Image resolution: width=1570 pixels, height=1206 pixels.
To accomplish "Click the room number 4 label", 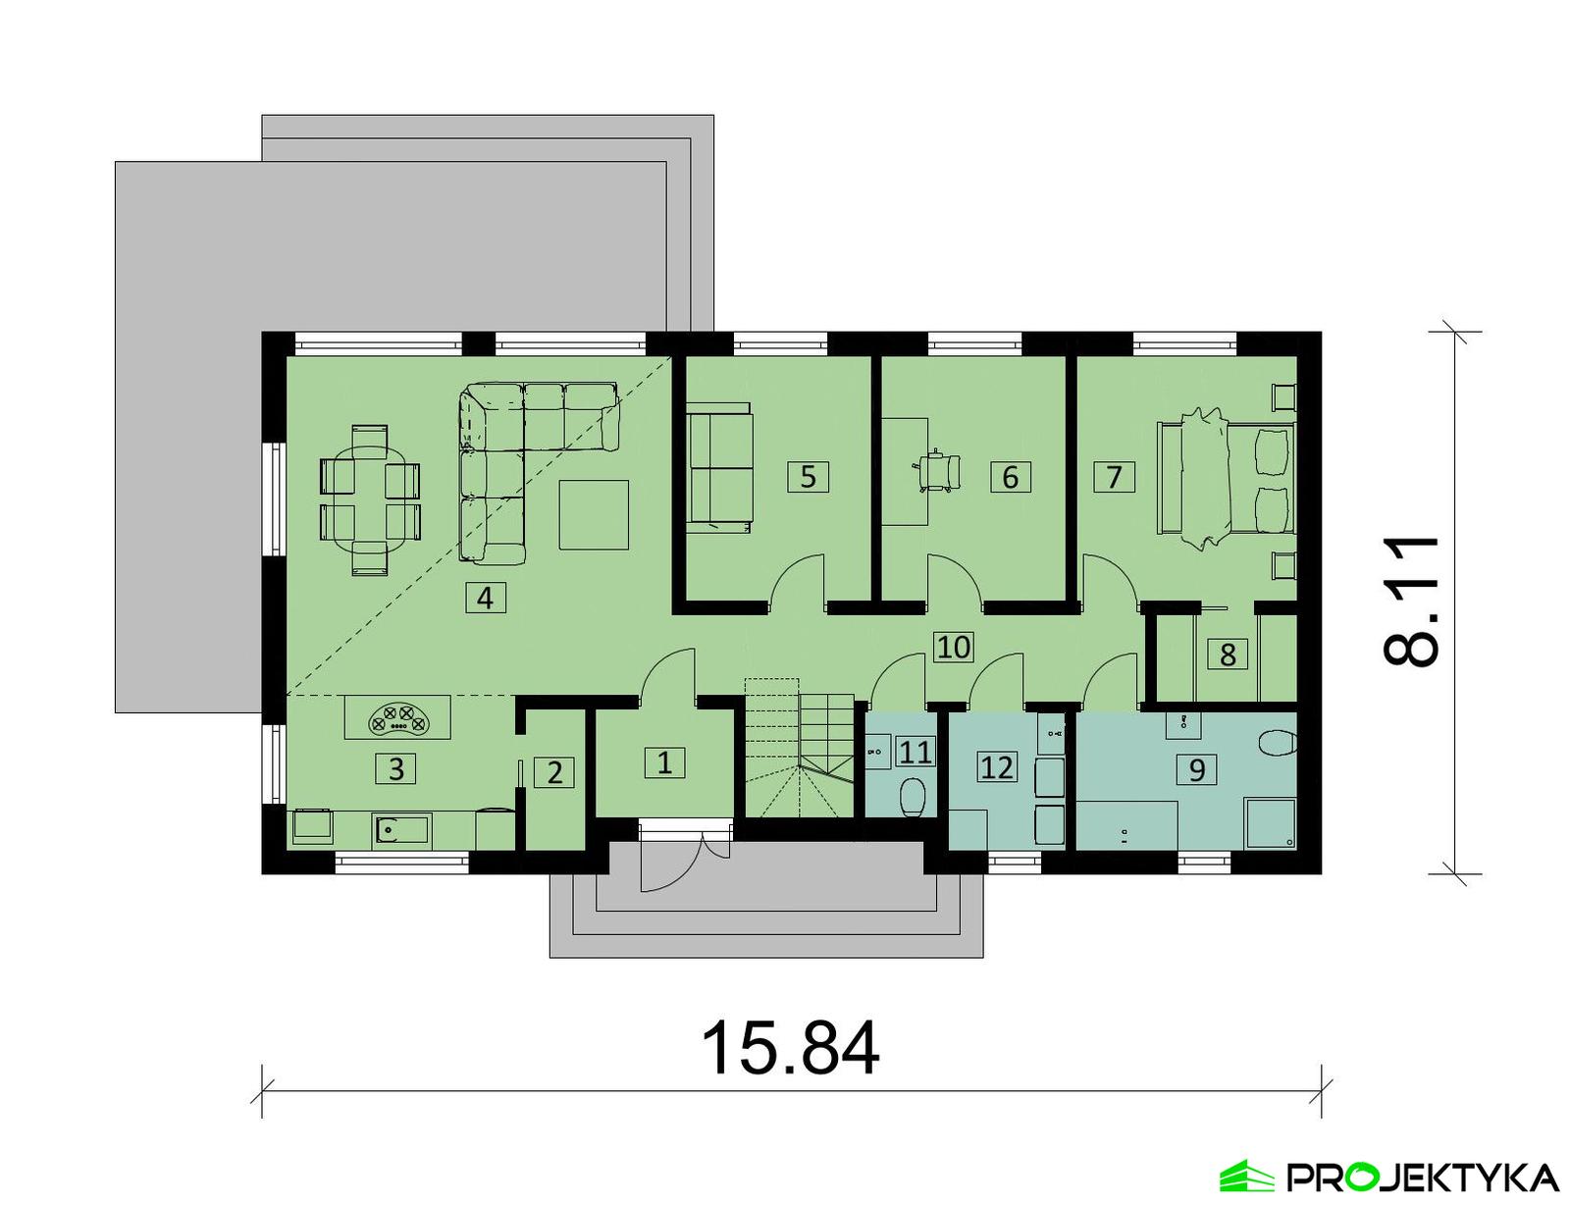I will click(485, 598).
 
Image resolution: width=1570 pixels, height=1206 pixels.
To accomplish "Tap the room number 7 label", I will click(1114, 477).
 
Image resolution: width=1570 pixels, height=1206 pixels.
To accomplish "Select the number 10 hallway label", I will click(953, 647).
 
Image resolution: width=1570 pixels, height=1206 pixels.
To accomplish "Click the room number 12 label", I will click(996, 766).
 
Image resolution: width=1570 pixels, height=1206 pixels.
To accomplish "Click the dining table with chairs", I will click(370, 498).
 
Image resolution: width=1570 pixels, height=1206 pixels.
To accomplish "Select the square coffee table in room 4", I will click(594, 513).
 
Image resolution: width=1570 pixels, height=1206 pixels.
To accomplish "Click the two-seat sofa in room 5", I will click(719, 467).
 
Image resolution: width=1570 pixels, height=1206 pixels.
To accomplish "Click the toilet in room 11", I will click(912, 797).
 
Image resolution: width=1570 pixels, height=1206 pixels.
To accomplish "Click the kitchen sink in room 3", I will click(400, 831).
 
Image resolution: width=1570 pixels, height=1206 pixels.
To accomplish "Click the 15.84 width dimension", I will click(790, 1048).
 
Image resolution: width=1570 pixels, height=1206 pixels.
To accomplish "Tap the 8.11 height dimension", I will click(1413, 602).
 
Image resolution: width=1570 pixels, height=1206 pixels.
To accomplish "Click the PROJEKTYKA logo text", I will click(1422, 1177).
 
